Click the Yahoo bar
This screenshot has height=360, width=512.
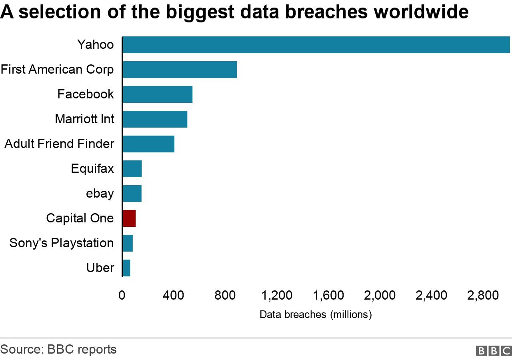[316, 44]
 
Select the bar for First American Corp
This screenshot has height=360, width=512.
[180, 70]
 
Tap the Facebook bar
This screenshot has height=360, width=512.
[158, 94]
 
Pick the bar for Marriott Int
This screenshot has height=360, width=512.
[155, 119]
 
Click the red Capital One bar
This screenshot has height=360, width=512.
[129, 218]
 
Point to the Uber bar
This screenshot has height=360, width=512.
[126, 268]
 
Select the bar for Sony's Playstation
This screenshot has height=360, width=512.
[128, 243]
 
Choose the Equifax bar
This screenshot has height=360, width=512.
[132, 169]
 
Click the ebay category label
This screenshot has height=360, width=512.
[100, 194]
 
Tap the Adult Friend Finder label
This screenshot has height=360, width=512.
[59, 144]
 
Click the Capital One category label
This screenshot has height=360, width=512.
[80, 218]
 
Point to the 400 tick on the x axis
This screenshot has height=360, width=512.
[173, 296]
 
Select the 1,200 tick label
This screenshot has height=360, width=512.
[276, 296]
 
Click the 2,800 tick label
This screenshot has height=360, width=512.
[483, 296]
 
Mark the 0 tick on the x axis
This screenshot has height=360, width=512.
[122, 296]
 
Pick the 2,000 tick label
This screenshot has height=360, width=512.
[380, 296]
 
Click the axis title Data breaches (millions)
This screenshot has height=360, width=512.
[316, 315]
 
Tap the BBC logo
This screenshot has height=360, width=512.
[494, 351]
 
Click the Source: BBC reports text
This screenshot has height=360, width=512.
[58, 349]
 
